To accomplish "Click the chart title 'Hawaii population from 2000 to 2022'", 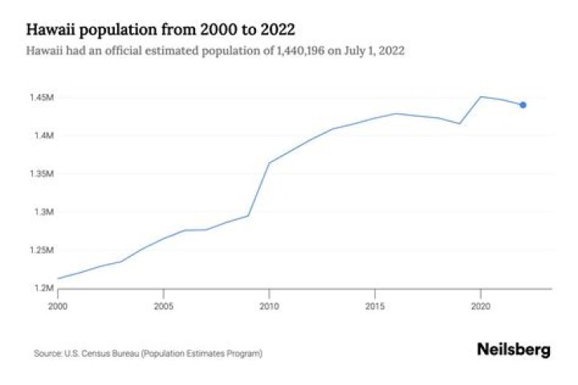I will tap(161, 30).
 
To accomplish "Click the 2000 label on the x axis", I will tap(58, 306).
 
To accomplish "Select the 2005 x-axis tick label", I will tap(163, 306).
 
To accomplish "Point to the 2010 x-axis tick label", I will tap(269, 306).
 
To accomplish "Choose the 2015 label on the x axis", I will tap(374, 306).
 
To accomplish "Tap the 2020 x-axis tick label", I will tap(480, 306).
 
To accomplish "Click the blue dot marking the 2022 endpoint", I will tap(523, 105).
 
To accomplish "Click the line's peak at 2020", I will tap(480, 96).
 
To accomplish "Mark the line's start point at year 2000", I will tap(59, 278).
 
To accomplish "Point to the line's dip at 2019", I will tap(459, 124).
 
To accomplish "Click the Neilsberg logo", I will tap(514, 350).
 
